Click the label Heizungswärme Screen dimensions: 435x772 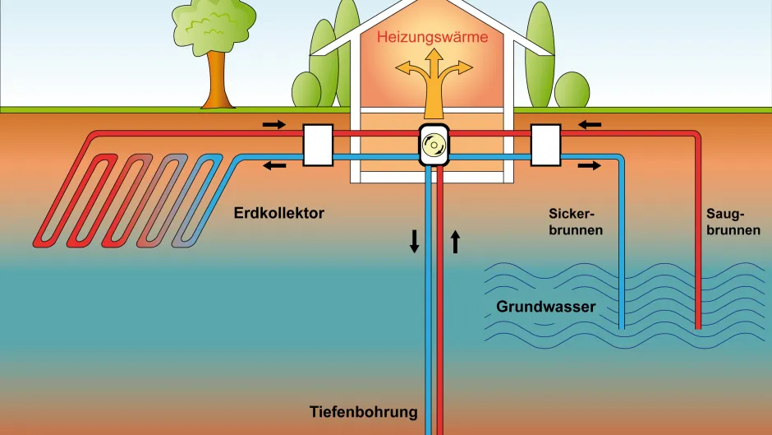pyautogui.click(x=432, y=37)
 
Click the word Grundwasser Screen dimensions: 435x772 pyautogui.click(x=545, y=307)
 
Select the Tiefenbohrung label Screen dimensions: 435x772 pyautogui.click(x=364, y=411)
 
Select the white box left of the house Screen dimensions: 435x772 pyautogui.click(x=318, y=144)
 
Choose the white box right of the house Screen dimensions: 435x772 pyautogui.click(x=545, y=144)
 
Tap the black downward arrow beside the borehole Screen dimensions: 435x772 pyautogui.click(x=414, y=240)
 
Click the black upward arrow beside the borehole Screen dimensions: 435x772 pyautogui.click(x=456, y=240)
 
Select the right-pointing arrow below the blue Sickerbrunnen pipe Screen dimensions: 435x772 pyautogui.click(x=589, y=165)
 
